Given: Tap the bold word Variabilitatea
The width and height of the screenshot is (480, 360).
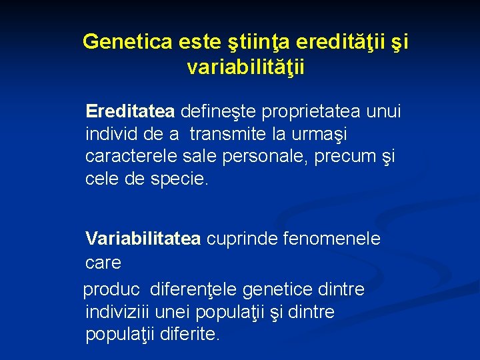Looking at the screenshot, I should (143, 239).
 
